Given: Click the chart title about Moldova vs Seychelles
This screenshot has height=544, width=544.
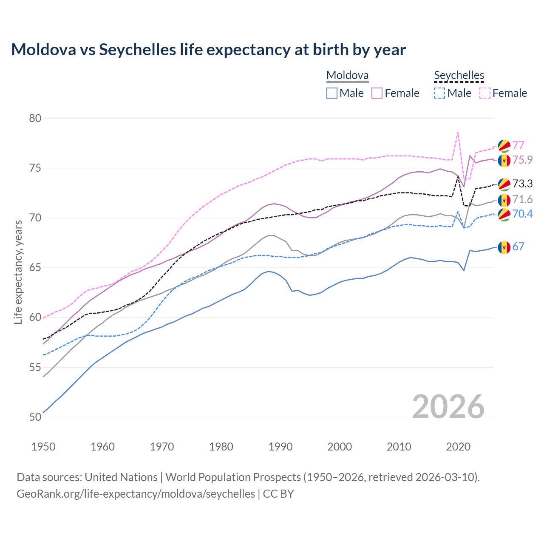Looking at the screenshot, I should point(208,50).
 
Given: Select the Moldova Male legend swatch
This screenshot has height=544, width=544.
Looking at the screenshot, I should point(332,93).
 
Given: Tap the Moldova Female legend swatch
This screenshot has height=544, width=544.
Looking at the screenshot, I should point(377,93).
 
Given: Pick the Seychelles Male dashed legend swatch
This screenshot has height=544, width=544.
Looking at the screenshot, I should point(439,93).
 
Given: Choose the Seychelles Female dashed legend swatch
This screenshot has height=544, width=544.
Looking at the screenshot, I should point(485,93).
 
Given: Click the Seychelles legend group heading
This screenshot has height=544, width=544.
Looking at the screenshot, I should point(459,75).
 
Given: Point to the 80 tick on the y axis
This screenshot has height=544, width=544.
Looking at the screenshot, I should point(35,118).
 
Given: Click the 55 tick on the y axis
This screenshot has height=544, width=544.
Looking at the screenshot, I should point(35,367).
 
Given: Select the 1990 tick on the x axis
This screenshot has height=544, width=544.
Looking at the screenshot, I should point(280,447).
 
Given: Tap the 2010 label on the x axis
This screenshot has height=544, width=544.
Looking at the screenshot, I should point(399,447).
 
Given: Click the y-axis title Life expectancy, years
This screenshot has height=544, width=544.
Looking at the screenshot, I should point(18,272).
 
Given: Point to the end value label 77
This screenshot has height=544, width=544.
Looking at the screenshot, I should point(518,145).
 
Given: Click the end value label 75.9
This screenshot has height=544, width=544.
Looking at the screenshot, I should point(522,160).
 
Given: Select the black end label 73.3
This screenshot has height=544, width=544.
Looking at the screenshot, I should point(522,184).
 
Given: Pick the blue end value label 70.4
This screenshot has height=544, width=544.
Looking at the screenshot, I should point(522,214).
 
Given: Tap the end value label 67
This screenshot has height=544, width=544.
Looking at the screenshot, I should point(518,246).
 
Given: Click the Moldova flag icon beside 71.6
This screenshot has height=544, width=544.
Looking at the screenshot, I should point(504,200).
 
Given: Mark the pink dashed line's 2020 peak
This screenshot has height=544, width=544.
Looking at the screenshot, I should point(458,132).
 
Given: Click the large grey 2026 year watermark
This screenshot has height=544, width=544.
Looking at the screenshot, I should point(448,407).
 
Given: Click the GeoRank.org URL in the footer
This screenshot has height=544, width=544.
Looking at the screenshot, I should point(136,494).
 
